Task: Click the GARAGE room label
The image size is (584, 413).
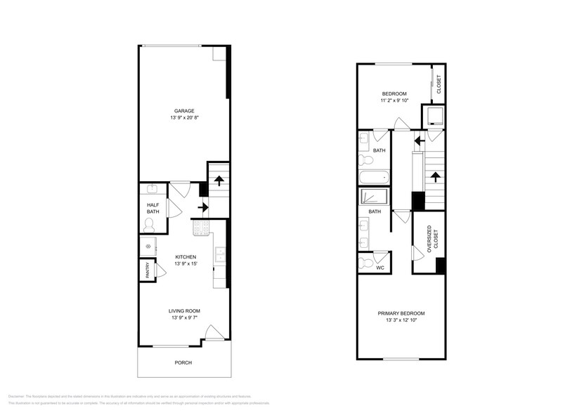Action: click(184, 111)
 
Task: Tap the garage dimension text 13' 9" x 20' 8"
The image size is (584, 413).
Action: click(184, 118)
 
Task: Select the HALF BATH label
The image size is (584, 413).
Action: click(153, 208)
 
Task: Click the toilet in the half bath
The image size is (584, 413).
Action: click(148, 225)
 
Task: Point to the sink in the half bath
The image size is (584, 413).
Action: click(151, 189)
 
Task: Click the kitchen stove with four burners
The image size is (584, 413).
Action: click(200, 227)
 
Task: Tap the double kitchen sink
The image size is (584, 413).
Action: click(221, 256)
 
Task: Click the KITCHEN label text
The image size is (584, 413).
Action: click(186, 257)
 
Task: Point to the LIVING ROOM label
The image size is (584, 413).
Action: click(184, 311)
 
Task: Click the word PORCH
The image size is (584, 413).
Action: click(183, 362)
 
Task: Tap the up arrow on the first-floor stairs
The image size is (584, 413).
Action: click(219, 179)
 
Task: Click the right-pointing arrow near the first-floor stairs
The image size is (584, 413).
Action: click(203, 207)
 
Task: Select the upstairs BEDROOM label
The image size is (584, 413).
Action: click(394, 93)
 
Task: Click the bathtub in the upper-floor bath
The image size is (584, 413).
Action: click(372, 177)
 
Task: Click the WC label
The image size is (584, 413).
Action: click(379, 268)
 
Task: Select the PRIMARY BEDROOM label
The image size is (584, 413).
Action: click(401, 313)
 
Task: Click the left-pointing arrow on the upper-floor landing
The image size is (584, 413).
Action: click(418, 140)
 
